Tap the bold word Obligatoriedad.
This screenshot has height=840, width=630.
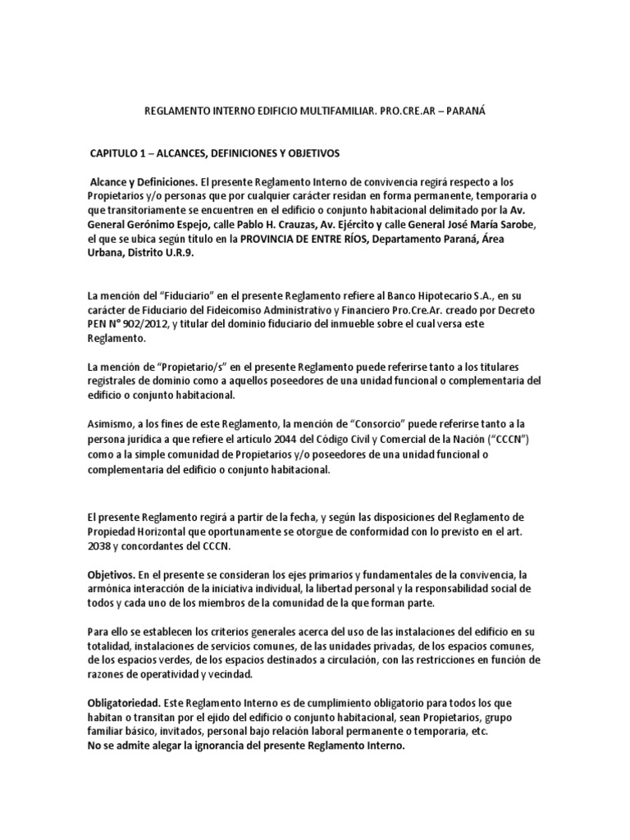[124, 703]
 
